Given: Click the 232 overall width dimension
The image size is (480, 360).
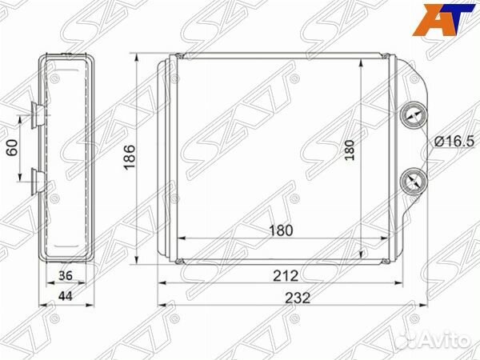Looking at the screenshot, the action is pos(298,298).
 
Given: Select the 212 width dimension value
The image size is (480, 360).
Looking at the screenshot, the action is pos(286,276).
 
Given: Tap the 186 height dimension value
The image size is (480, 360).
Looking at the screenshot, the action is pos(130,157).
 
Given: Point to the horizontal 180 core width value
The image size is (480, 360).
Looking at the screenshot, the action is pos(281,230).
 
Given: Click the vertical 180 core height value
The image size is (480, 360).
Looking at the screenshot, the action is pos(349,150).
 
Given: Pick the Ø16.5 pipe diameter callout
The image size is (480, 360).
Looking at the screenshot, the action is pos(454,142).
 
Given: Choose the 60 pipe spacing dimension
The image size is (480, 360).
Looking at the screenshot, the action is pos(12,147).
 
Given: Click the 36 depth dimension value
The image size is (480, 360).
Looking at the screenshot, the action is pos(66,275).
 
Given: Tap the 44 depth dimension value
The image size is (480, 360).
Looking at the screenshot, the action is pos(66,296).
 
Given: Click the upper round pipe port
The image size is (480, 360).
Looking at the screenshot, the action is pos(414,116).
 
